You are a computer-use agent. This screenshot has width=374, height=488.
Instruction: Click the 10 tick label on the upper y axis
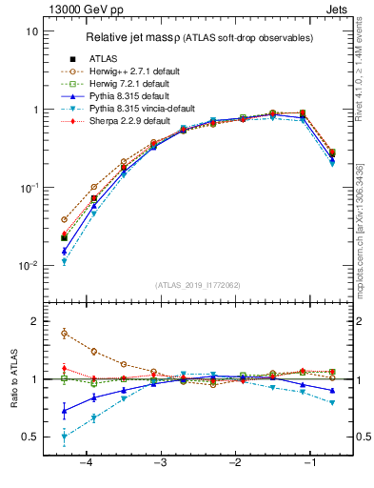(31, 31)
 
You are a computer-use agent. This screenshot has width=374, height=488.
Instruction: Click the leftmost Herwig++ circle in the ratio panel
(64, 333)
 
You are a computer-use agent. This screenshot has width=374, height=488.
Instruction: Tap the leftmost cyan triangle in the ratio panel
(64, 437)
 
